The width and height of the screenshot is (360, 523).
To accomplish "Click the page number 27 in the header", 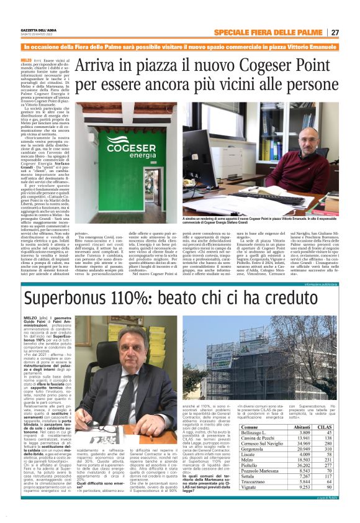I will [x=335, y=32].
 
